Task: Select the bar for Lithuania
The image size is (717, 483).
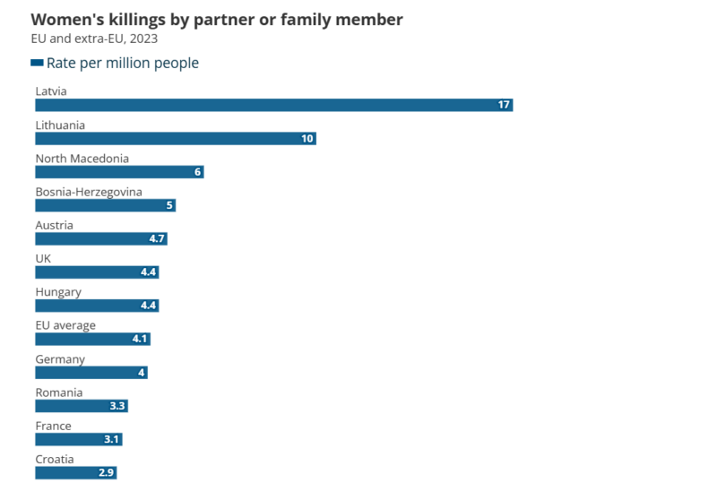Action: tap(175, 139)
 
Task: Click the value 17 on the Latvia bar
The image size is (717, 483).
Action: tap(504, 105)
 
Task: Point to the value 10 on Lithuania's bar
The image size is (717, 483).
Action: tap(307, 139)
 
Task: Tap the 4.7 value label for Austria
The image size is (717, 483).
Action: tap(157, 239)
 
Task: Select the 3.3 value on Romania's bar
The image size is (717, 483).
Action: tap(117, 406)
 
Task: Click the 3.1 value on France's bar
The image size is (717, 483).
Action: tap(111, 439)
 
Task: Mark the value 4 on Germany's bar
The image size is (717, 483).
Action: tap(142, 373)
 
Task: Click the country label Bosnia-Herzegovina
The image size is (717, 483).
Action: tap(89, 192)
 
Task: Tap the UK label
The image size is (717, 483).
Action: tap(43, 258)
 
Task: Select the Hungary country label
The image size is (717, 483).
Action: tap(58, 292)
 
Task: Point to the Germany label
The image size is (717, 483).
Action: tap(60, 359)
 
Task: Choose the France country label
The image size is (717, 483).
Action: tap(53, 426)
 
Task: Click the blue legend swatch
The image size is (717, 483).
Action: tap(37, 63)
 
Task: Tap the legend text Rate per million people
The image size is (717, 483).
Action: tap(123, 63)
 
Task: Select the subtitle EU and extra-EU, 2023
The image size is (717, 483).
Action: tap(94, 39)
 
